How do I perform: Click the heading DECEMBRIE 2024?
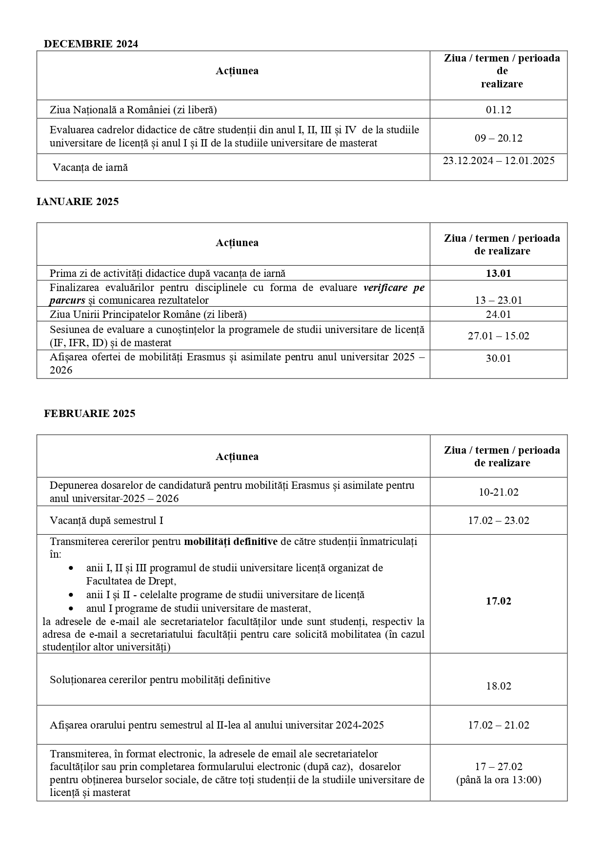pyautogui.click(x=91, y=44)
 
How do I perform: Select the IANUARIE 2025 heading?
pyautogui.click(x=78, y=202)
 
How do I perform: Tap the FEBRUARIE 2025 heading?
pyautogui.click(x=90, y=414)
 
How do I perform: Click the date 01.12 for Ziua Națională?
pyautogui.click(x=498, y=110)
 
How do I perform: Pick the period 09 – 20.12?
pyautogui.click(x=498, y=138)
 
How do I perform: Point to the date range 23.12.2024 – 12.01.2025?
pyautogui.click(x=498, y=161)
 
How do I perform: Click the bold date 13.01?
pyautogui.click(x=498, y=273)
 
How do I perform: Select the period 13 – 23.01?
pyautogui.click(x=498, y=300)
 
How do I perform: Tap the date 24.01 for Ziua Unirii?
pyautogui.click(x=498, y=314)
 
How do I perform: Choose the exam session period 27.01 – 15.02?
pyautogui.click(x=498, y=336)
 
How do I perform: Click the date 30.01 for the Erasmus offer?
pyautogui.click(x=498, y=358)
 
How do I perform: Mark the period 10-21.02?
pyautogui.click(x=498, y=492)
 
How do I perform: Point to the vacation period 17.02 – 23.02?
pyautogui.click(x=498, y=521)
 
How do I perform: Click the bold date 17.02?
pyautogui.click(x=498, y=601)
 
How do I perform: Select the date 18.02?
pyautogui.click(x=498, y=686)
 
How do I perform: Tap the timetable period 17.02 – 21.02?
pyautogui.click(x=498, y=725)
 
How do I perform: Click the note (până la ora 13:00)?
pyautogui.click(x=498, y=780)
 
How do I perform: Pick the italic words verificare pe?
pyautogui.click(x=393, y=288)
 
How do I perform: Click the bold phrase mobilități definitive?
pyautogui.click(x=230, y=542)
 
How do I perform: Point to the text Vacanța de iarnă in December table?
pyautogui.click(x=90, y=167)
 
